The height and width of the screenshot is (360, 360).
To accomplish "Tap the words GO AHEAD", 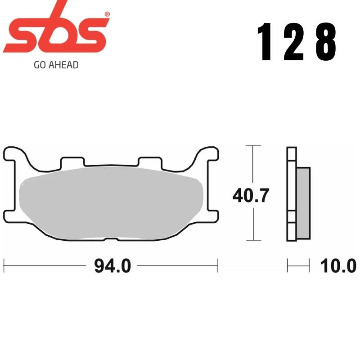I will (56, 65).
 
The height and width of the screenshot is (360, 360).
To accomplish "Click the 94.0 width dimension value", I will (112, 266).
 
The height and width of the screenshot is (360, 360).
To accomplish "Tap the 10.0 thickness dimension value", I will (338, 266).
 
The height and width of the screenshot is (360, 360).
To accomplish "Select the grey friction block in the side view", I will (303, 202).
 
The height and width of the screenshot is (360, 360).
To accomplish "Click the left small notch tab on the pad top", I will (73, 162).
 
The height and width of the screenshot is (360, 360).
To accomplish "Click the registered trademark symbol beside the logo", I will (107, 14).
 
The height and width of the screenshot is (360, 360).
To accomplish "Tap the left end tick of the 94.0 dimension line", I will (4, 265).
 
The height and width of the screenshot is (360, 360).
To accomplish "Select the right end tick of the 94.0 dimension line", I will (218, 265).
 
